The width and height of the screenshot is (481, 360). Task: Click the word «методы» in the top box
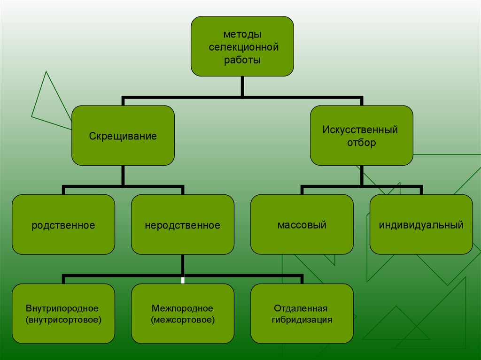[242, 35]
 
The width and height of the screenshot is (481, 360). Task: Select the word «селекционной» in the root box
[242, 47]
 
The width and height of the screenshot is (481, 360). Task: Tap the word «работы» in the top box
[242, 60]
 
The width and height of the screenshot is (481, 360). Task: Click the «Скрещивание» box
[123, 136]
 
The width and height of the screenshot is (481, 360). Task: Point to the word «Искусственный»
[360, 130]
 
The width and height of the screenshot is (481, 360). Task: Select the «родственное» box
[63, 225]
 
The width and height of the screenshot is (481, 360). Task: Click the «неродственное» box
[183, 225]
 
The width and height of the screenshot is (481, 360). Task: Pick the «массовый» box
[302, 225]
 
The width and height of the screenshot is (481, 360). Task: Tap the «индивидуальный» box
[421, 225]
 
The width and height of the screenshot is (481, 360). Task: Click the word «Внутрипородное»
[62, 308]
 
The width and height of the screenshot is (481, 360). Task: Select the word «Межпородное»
[182, 308]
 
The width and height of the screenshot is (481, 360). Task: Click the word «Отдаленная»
[301, 308]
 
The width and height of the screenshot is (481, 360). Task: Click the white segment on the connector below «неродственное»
[183, 280]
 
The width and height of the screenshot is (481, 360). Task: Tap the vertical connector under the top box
[242, 86]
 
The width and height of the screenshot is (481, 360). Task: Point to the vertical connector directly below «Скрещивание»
[123, 176]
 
